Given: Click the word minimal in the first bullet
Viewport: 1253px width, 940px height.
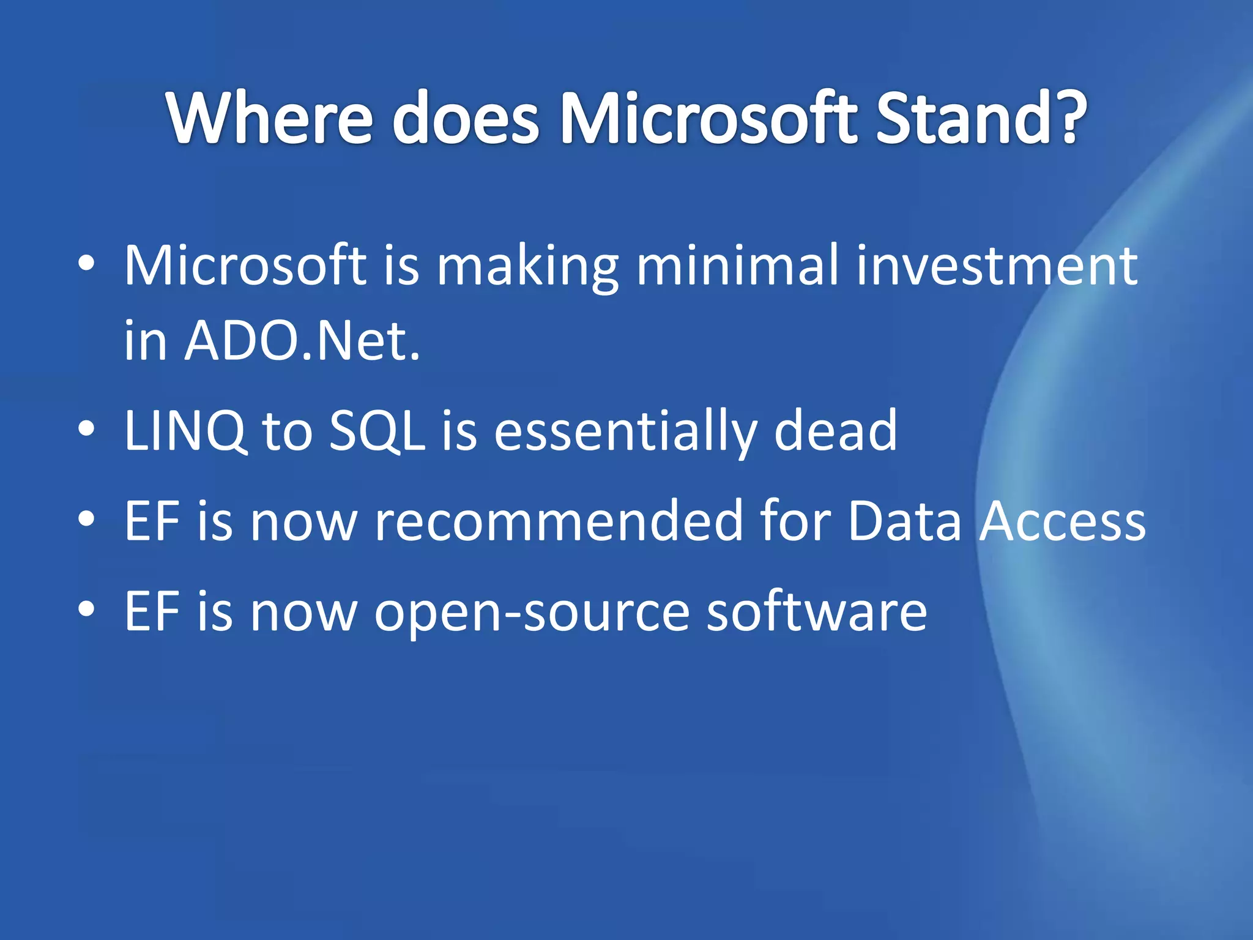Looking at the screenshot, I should pyautogui.click(x=737, y=266).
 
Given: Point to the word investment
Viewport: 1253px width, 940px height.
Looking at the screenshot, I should pyautogui.click(x=997, y=266).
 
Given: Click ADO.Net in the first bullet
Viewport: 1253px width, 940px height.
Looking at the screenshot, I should pyautogui.click(x=302, y=341).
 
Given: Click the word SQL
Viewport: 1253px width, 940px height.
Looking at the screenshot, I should pyautogui.click(x=377, y=431).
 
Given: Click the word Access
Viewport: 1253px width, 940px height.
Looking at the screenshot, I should pyautogui.click(x=1062, y=522).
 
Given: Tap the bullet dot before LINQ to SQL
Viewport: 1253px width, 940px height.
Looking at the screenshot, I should pyautogui.click(x=87, y=429).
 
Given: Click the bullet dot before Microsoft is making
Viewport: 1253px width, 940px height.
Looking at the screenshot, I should pyautogui.click(x=87, y=264).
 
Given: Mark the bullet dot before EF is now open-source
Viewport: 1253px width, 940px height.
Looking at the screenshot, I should pyautogui.click(x=87, y=609).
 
